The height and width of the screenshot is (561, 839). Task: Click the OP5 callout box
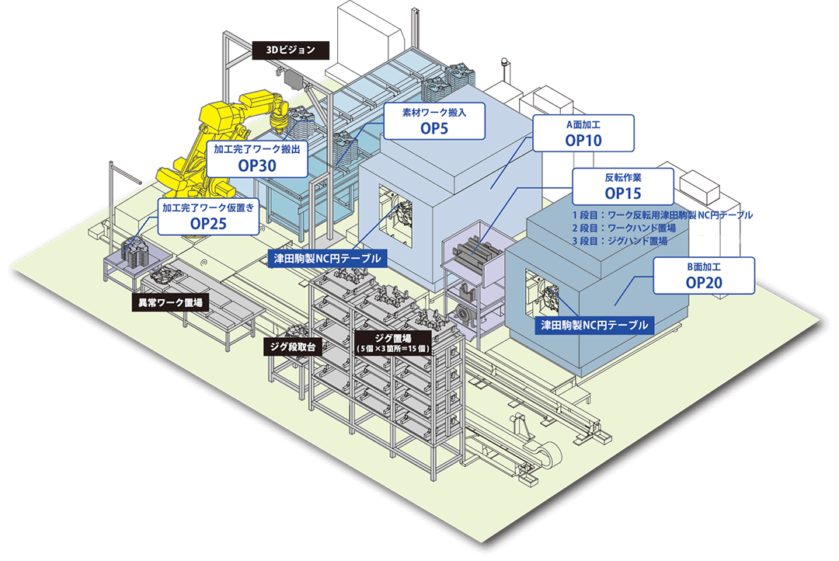coord(435,122)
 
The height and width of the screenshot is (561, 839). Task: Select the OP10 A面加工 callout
coord(584,134)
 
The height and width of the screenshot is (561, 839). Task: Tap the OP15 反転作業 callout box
coord(622,185)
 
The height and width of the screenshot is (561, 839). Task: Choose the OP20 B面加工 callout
coord(704,276)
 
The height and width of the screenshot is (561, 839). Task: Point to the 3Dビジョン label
coord(291,51)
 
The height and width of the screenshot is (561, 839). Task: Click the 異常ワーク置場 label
coord(169,303)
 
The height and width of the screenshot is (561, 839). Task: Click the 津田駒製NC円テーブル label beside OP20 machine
coord(594,325)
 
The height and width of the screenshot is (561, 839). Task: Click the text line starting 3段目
coord(619,241)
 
